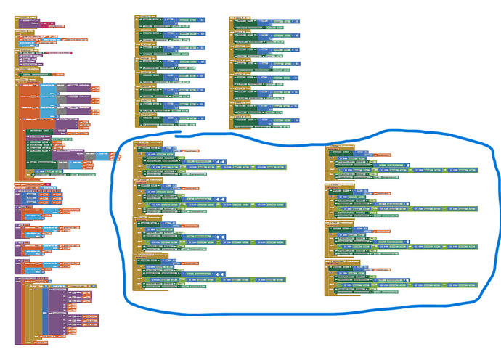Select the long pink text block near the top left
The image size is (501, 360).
(x=62, y=54)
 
